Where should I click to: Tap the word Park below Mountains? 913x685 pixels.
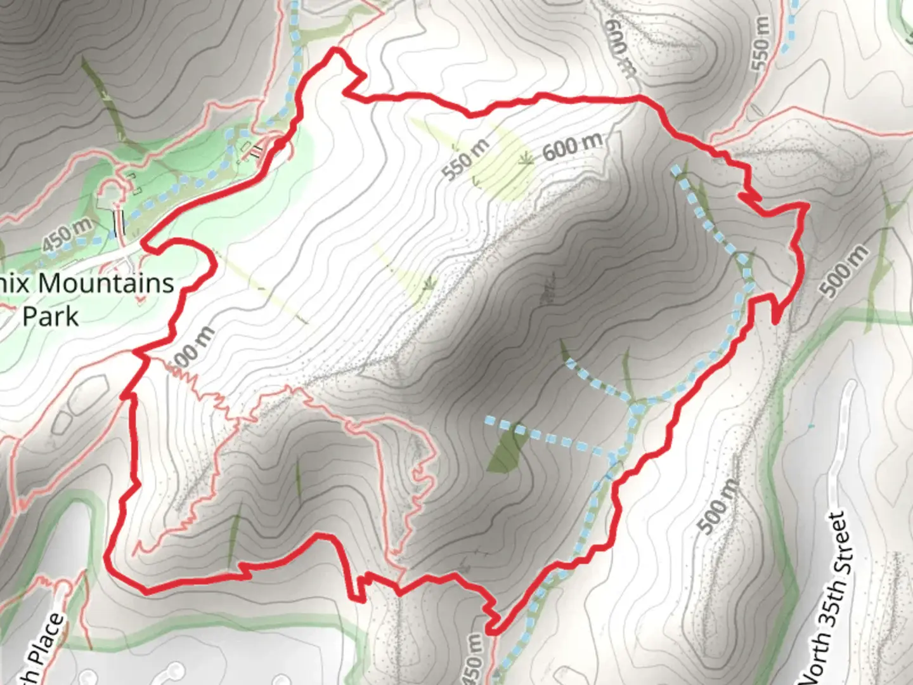pyautogui.click(x=51, y=315)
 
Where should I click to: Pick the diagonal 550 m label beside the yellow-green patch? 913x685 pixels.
pyautogui.click(x=466, y=159)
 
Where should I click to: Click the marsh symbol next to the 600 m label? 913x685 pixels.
pyautogui.click(x=525, y=159)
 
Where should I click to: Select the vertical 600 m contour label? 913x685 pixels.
pyautogui.click(x=619, y=48)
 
